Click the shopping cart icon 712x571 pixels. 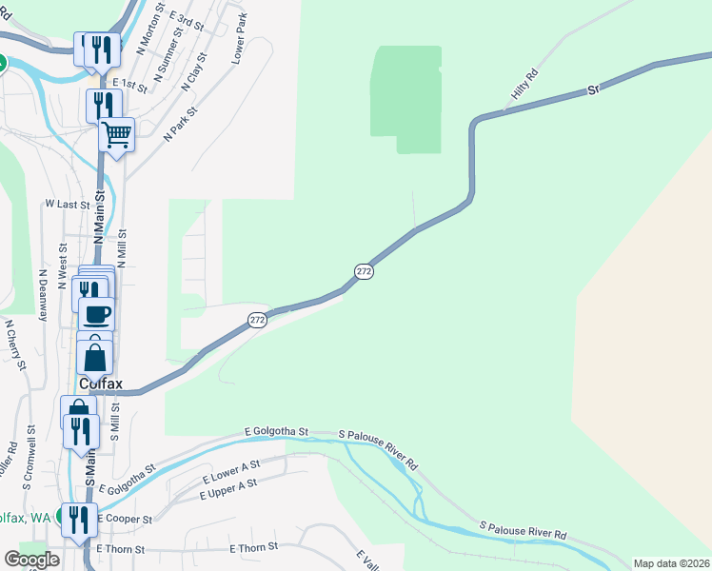coord(116,136)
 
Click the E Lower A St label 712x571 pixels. coord(231,471)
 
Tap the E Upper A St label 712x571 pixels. coord(228,489)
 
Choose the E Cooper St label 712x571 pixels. coord(125,520)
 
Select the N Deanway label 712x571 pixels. coord(43,295)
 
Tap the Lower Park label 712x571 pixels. coord(240,38)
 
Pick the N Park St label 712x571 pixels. coord(179,125)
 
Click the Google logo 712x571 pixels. coord(31,560)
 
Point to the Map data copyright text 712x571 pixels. coord(672,563)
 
